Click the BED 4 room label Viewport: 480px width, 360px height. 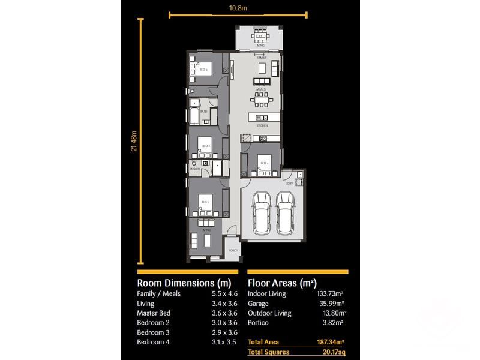(264, 163)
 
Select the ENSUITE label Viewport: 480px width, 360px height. (194, 169)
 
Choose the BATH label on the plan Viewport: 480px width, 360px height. (204, 112)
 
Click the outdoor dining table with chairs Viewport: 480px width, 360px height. (260, 35)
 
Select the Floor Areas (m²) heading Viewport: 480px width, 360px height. (282, 283)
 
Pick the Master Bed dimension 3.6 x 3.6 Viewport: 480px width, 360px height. (226, 313)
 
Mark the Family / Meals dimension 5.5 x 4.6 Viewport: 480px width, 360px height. (226, 294)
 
